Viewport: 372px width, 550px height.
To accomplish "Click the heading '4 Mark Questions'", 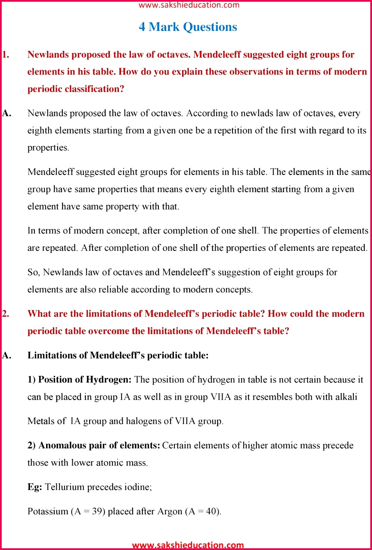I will click(x=188, y=27).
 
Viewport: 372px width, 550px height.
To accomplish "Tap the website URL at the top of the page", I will click(x=189, y=5).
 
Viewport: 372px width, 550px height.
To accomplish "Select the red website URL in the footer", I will click(x=188, y=545).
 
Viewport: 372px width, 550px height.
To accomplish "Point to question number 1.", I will click(x=6, y=55).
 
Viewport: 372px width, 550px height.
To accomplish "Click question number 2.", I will click(x=6, y=314).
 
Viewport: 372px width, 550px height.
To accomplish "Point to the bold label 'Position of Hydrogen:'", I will click(x=85, y=380).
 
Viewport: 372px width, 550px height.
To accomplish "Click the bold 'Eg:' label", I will click(x=35, y=487).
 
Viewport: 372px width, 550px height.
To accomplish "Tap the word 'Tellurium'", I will click(x=65, y=487).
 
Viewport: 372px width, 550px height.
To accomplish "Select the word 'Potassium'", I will click(x=48, y=512).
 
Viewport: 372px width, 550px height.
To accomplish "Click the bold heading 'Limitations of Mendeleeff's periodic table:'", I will click(x=118, y=356).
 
